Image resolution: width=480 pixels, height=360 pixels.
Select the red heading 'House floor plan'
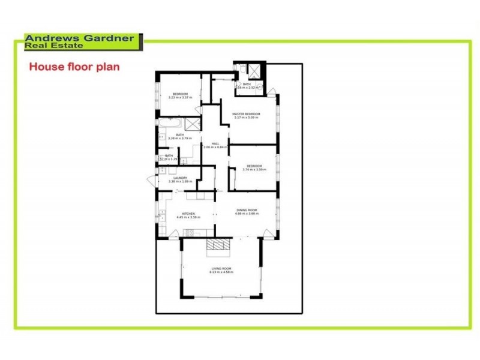click(x=74, y=67)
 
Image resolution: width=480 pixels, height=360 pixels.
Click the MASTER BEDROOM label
click(x=247, y=114)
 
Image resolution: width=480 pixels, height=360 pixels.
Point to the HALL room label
click(x=215, y=143)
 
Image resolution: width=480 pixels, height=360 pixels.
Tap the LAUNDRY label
click(x=179, y=178)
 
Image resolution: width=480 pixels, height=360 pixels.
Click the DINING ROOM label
click(x=246, y=209)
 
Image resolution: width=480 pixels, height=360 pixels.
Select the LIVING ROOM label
click(x=221, y=268)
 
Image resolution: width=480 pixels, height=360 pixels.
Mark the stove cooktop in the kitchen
click(x=192, y=233)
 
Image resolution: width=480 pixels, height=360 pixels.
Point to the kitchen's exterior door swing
click(x=173, y=238)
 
